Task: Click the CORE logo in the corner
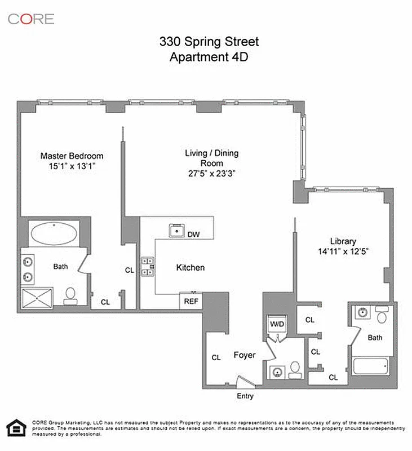click(x=30, y=19)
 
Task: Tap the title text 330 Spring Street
click(x=209, y=42)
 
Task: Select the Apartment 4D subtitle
click(x=209, y=56)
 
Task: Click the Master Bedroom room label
click(x=72, y=156)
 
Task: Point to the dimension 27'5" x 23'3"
click(x=211, y=174)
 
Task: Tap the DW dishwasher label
click(x=193, y=234)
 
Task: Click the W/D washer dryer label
click(x=277, y=324)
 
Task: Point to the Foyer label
click(x=245, y=355)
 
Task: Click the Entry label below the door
click(x=245, y=396)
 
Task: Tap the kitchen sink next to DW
click(x=176, y=231)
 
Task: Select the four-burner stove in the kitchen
click(x=148, y=267)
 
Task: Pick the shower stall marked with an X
click(x=37, y=298)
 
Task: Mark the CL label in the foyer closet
click(x=216, y=357)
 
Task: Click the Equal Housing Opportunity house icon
click(x=16, y=428)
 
